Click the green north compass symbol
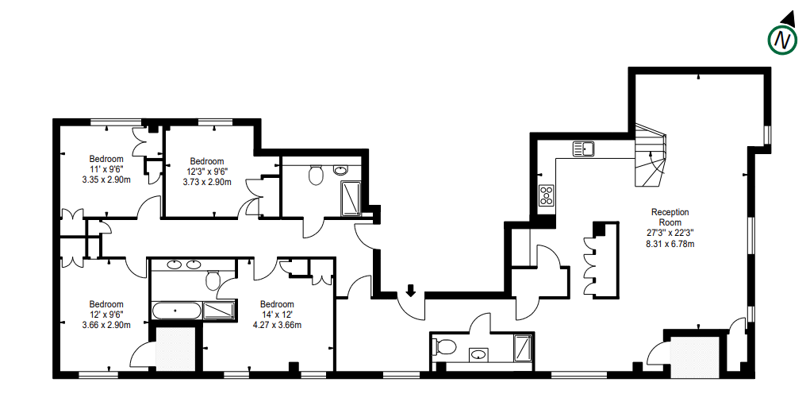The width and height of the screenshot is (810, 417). pyautogui.click(x=783, y=39)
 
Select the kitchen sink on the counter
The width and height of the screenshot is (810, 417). pyautogui.click(x=583, y=149)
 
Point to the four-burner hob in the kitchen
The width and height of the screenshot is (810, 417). pyautogui.click(x=547, y=195)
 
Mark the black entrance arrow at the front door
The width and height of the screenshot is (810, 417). pyautogui.click(x=410, y=291)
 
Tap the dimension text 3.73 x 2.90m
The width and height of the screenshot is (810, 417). pyautogui.click(x=206, y=182)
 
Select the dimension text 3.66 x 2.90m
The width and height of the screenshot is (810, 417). pyautogui.click(x=106, y=325)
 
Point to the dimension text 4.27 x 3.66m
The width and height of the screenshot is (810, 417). pyautogui.click(x=277, y=325)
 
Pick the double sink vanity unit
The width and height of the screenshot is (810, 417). pyautogui.click(x=182, y=265)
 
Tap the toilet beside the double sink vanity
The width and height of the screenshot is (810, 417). pyautogui.click(x=213, y=280)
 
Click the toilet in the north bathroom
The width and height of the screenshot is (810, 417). pyautogui.click(x=316, y=175)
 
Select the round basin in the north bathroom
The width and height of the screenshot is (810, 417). pyautogui.click(x=340, y=169)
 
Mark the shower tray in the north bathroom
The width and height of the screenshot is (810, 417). pyautogui.click(x=350, y=198)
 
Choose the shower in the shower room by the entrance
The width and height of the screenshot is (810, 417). pyautogui.click(x=524, y=348)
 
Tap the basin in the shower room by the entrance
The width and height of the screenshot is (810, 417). pyautogui.click(x=479, y=354)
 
